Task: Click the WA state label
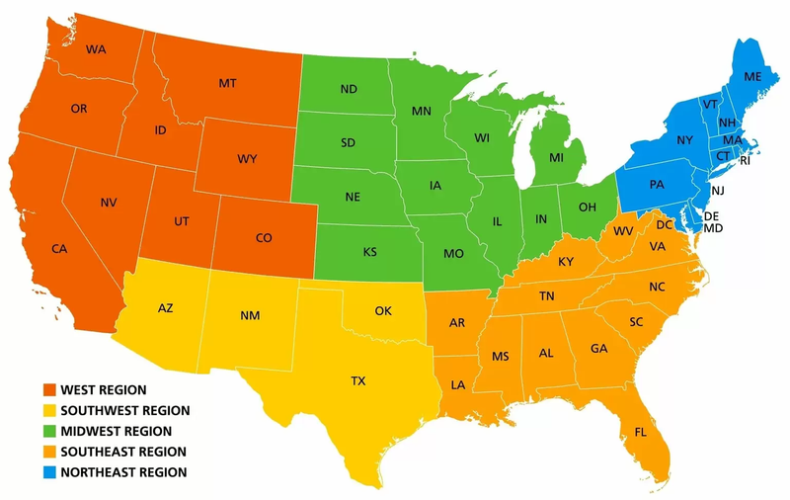pyautogui.click(x=97, y=49)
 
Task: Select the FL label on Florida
pyautogui.click(x=641, y=432)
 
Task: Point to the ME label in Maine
pyautogui.click(x=753, y=77)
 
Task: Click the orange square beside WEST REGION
pyautogui.click(x=48, y=390)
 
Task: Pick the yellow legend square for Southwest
pyautogui.click(x=48, y=411)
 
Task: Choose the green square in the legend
pyautogui.click(x=48, y=432)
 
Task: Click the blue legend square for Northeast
pyautogui.click(x=48, y=472)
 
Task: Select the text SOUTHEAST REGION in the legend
pyautogui.click(x=123, y=452)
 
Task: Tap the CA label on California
pyautogui.click(x=59, y=248)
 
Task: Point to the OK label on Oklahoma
pyautogui.click(x=383, y=311)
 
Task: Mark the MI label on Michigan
pyautogui.click(x=557, y=158)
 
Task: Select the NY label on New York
pyautogui.click(x=685, y=141)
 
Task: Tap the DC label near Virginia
pyautogui.click(x=664, y=225)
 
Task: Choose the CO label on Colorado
pyautogui.click(x=264, y=238)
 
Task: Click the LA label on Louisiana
pyautogui.click(x=459, y=384)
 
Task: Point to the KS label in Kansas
pyautogui.click(x=369, y=252)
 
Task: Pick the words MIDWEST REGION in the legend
pyautogui.click(x=117, y=432)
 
